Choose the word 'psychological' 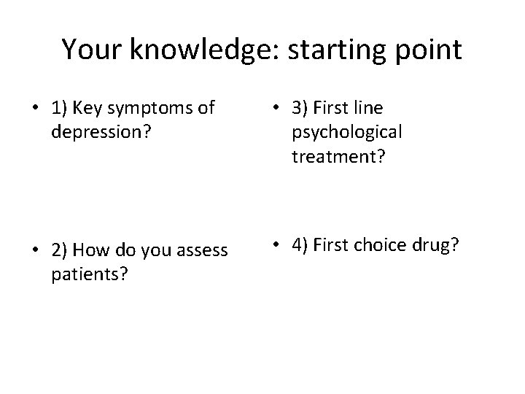[346, 134]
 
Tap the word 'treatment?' [338, 157]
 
